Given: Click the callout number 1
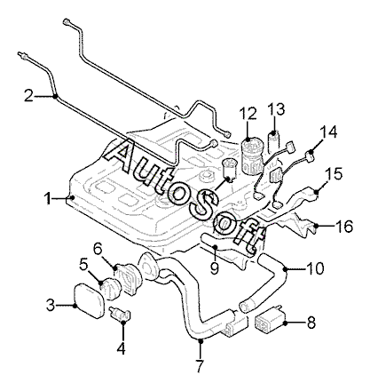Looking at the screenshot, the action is pos(47,198).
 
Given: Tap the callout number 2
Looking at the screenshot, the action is pos(28,96).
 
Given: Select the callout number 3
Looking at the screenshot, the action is pos(51,305).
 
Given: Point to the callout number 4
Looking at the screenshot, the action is pos(121,348).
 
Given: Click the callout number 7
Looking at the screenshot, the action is pos(201,366).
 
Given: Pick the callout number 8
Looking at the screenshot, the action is pos(311,323).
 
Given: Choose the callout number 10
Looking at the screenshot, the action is pos(315,268).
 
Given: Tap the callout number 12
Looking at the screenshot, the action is pos(248,114).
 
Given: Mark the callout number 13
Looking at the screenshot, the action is pos(277,109).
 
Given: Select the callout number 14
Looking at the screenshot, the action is pos(328,132).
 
